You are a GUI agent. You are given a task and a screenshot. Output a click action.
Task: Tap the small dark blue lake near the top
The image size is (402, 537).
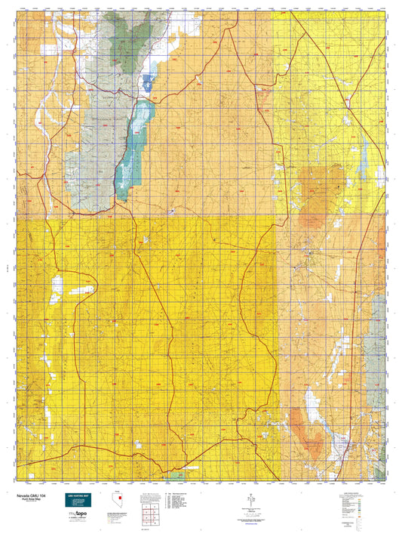click(148, 81)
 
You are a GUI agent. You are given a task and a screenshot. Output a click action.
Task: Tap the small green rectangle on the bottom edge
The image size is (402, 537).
click(178, 476)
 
